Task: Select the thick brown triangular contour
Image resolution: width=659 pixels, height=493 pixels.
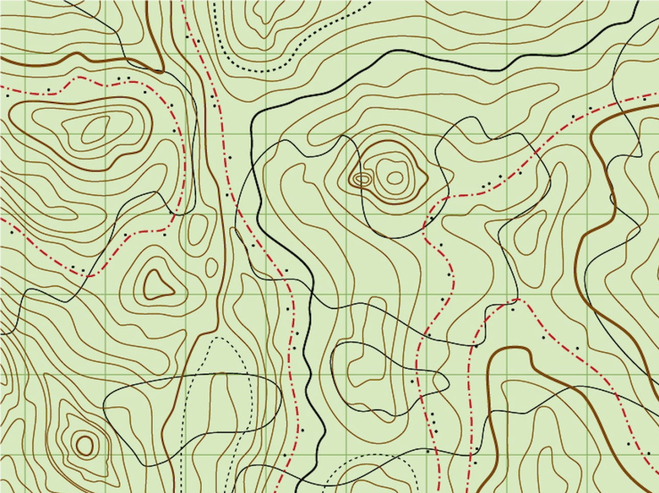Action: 158,284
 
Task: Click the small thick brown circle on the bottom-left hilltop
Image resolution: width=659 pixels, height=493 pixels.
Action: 84,445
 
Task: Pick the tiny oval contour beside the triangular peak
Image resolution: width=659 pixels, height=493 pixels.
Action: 211,267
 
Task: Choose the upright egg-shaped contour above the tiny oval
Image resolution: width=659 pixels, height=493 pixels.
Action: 198,231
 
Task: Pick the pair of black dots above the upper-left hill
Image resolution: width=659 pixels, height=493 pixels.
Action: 124,78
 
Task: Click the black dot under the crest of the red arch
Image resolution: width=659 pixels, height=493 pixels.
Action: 513,310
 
